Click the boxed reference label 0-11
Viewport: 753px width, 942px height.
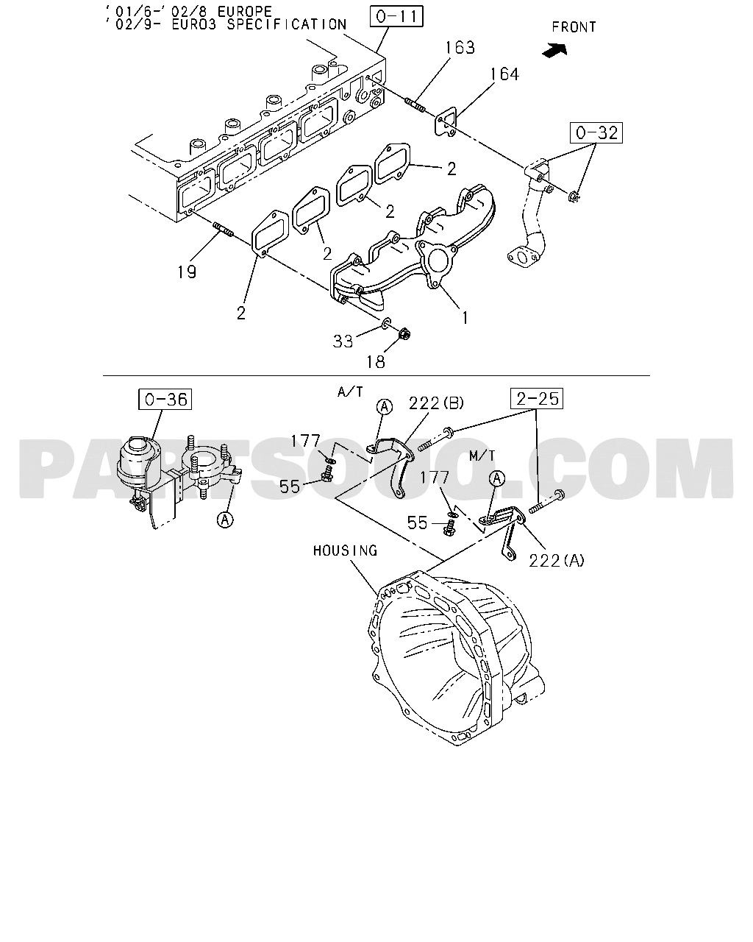396,17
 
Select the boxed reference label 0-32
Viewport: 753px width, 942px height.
596,132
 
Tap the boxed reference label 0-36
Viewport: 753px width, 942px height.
165,399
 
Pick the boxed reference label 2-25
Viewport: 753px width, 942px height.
537,399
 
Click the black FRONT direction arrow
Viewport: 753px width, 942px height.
554,50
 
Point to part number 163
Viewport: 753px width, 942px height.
460,48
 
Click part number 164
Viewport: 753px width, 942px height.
504,74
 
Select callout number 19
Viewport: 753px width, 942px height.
187,272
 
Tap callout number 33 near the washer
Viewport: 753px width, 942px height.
343,341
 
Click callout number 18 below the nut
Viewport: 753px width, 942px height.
376,362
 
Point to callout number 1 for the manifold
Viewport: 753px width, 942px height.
465,318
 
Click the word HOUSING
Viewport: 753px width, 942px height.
345,550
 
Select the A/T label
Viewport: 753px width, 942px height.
350,392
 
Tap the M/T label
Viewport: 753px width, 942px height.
482,456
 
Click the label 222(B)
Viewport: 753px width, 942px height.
436,403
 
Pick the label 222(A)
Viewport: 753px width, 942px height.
557,561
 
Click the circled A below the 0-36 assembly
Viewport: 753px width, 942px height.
225,520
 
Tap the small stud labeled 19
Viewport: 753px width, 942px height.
223,229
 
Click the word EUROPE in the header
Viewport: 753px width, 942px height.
245,12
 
